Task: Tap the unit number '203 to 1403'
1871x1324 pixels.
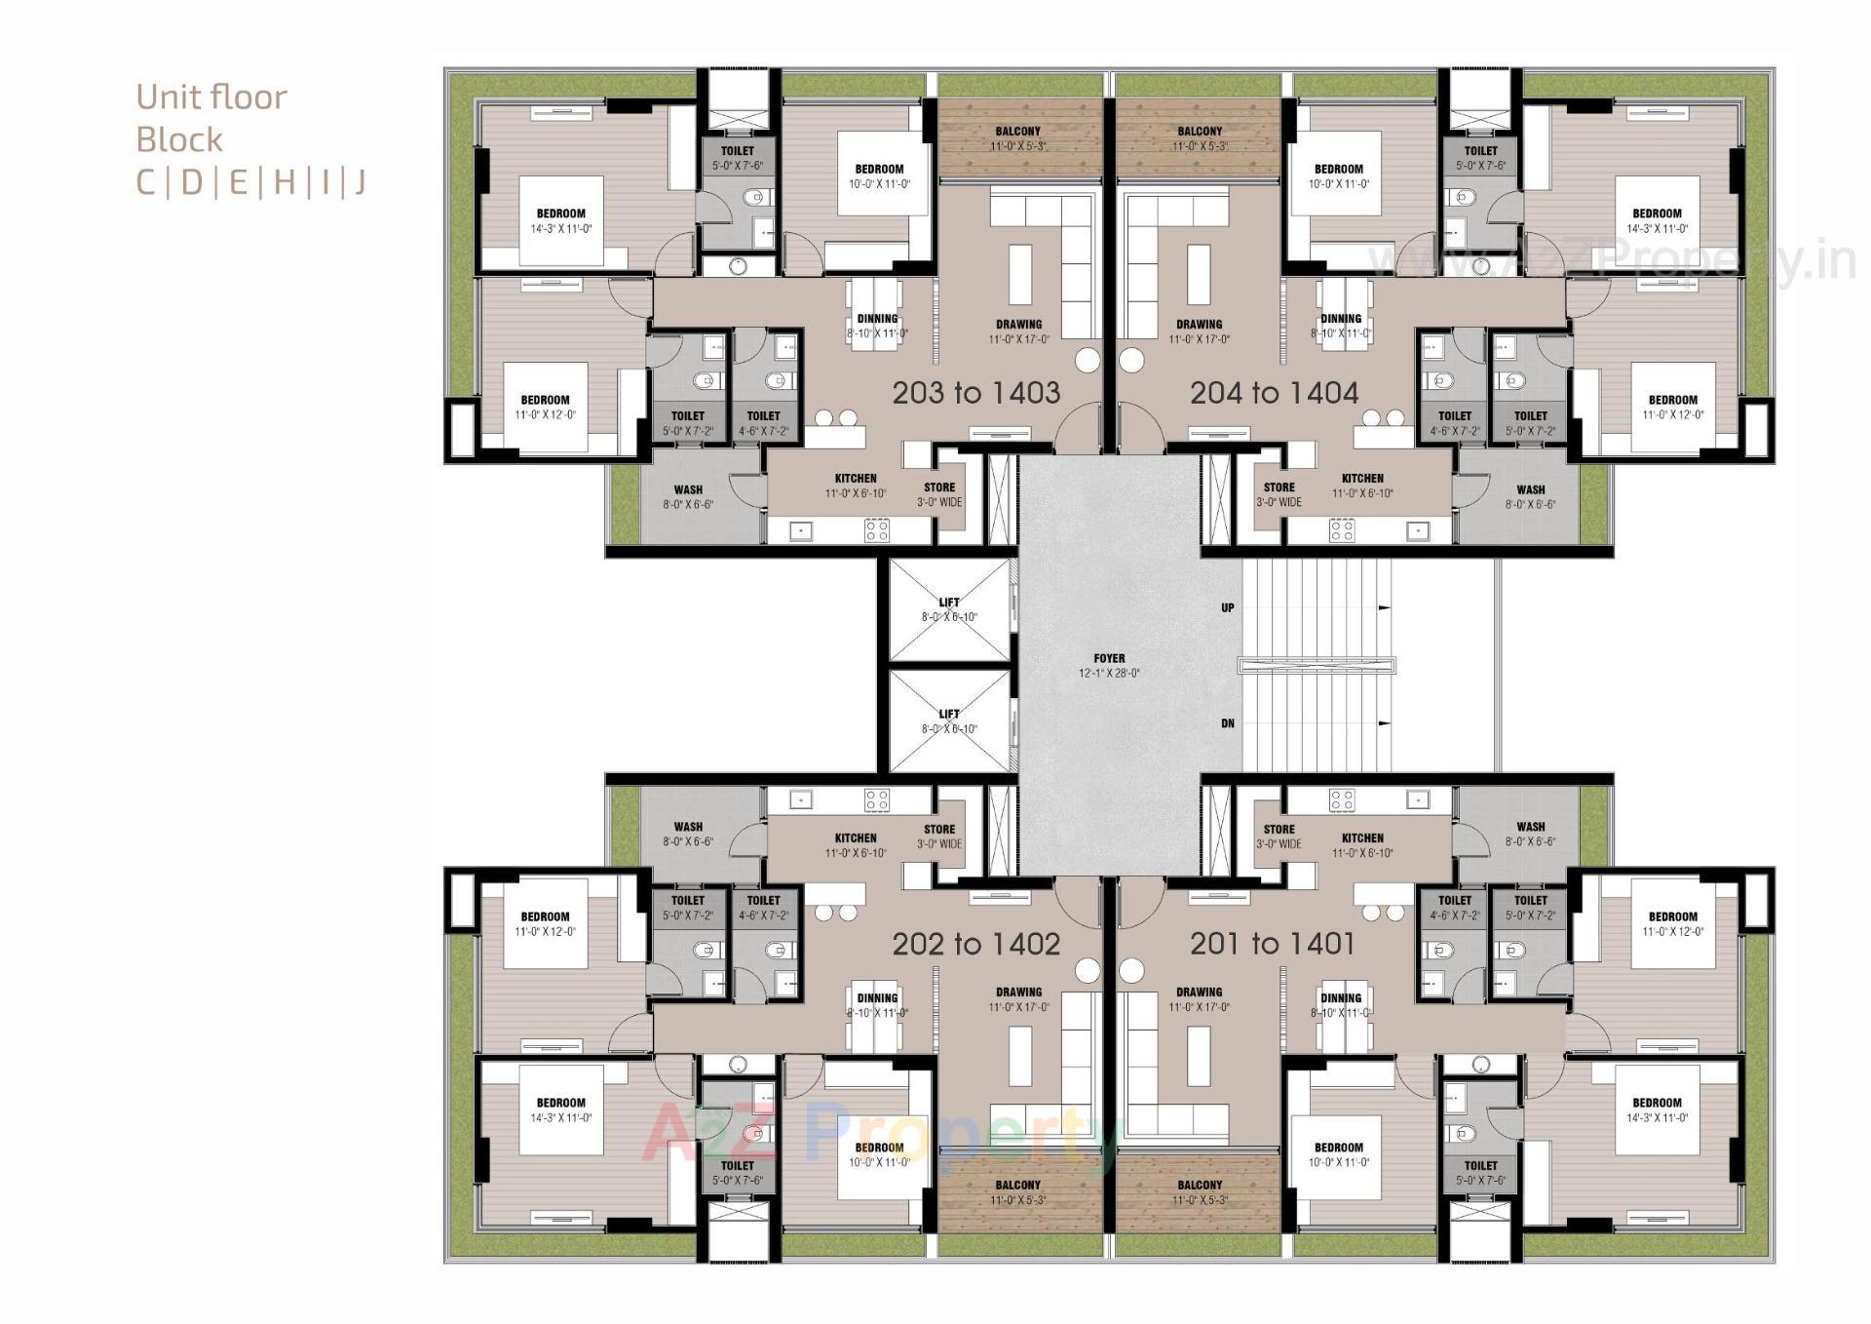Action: pos(975,392)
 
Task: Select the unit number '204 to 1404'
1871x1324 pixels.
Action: pos(1274,392)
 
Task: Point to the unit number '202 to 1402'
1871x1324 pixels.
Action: pos(975,943)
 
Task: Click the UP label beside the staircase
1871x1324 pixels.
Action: pos(1228,607)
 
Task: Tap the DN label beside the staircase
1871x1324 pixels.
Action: pos(1228,723)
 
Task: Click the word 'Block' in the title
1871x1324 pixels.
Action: pos(179,139)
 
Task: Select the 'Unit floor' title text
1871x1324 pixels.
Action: pos(211,97)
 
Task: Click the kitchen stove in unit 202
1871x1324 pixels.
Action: pos(876,800)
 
